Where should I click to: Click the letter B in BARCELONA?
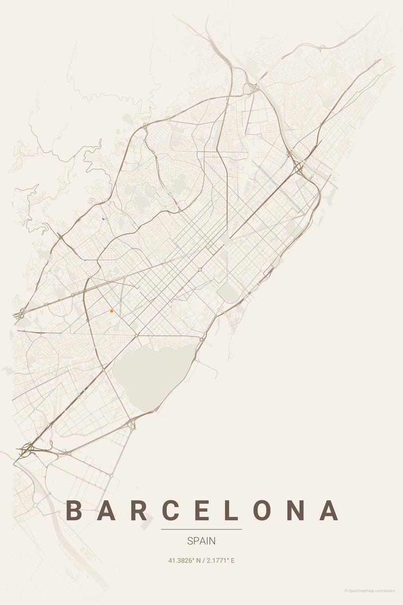[x=75, y=510]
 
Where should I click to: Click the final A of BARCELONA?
[x=329, y=510]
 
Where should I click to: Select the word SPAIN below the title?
[x=201, y=541]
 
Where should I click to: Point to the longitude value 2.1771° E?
[x=221, y=561]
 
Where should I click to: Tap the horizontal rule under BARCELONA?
[x=201, y=529]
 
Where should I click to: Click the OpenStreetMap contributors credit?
[x=371, y=590]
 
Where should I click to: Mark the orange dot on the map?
[x=111, y=312]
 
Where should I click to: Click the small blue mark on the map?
[x=103, y=219]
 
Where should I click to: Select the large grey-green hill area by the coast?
[x=151, y=371]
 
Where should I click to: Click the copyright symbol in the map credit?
[x=346, y=590]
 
